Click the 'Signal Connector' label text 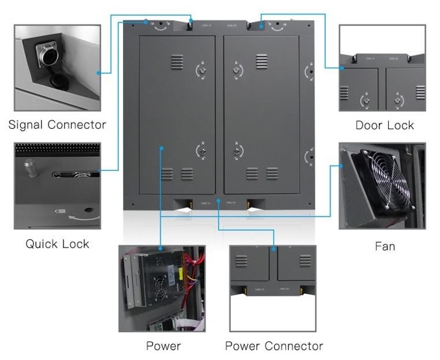pyautogui.click(x=57, y=125)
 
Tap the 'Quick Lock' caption pyautogui.click(x=57, y=244)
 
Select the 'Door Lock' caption pyautogui.click(x=385, y=125)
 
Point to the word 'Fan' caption pyautogui.click(x=385, y=246)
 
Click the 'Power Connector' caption pyautogui.click(x=274, y=346)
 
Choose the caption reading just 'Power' pyautogui.click(x=163, y=346)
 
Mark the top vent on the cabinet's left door pyautogui.click(x=177, y=62)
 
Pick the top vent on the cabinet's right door pyautogui.click(x=262, y=62)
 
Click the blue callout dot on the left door pyautogui.click(x=162, y=149)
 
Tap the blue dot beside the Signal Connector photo pyautogui.click(x=99, y=73)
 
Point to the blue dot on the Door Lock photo pyautogui.click(x=342, y=68)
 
